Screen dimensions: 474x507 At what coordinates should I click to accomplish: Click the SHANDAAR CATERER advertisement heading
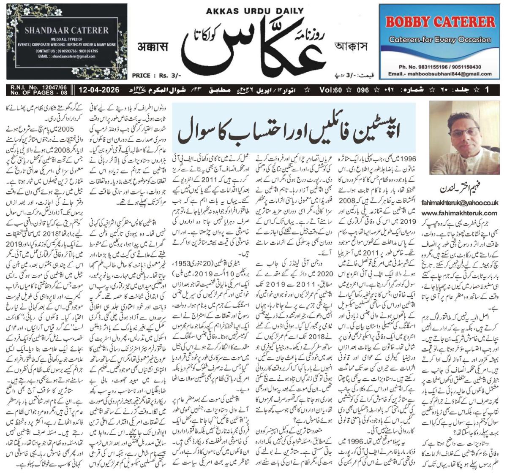pyautogui.click(x=66, y=30)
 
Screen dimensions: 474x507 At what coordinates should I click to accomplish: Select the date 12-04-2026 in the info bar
pyautogui.click(x=98, y=90)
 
